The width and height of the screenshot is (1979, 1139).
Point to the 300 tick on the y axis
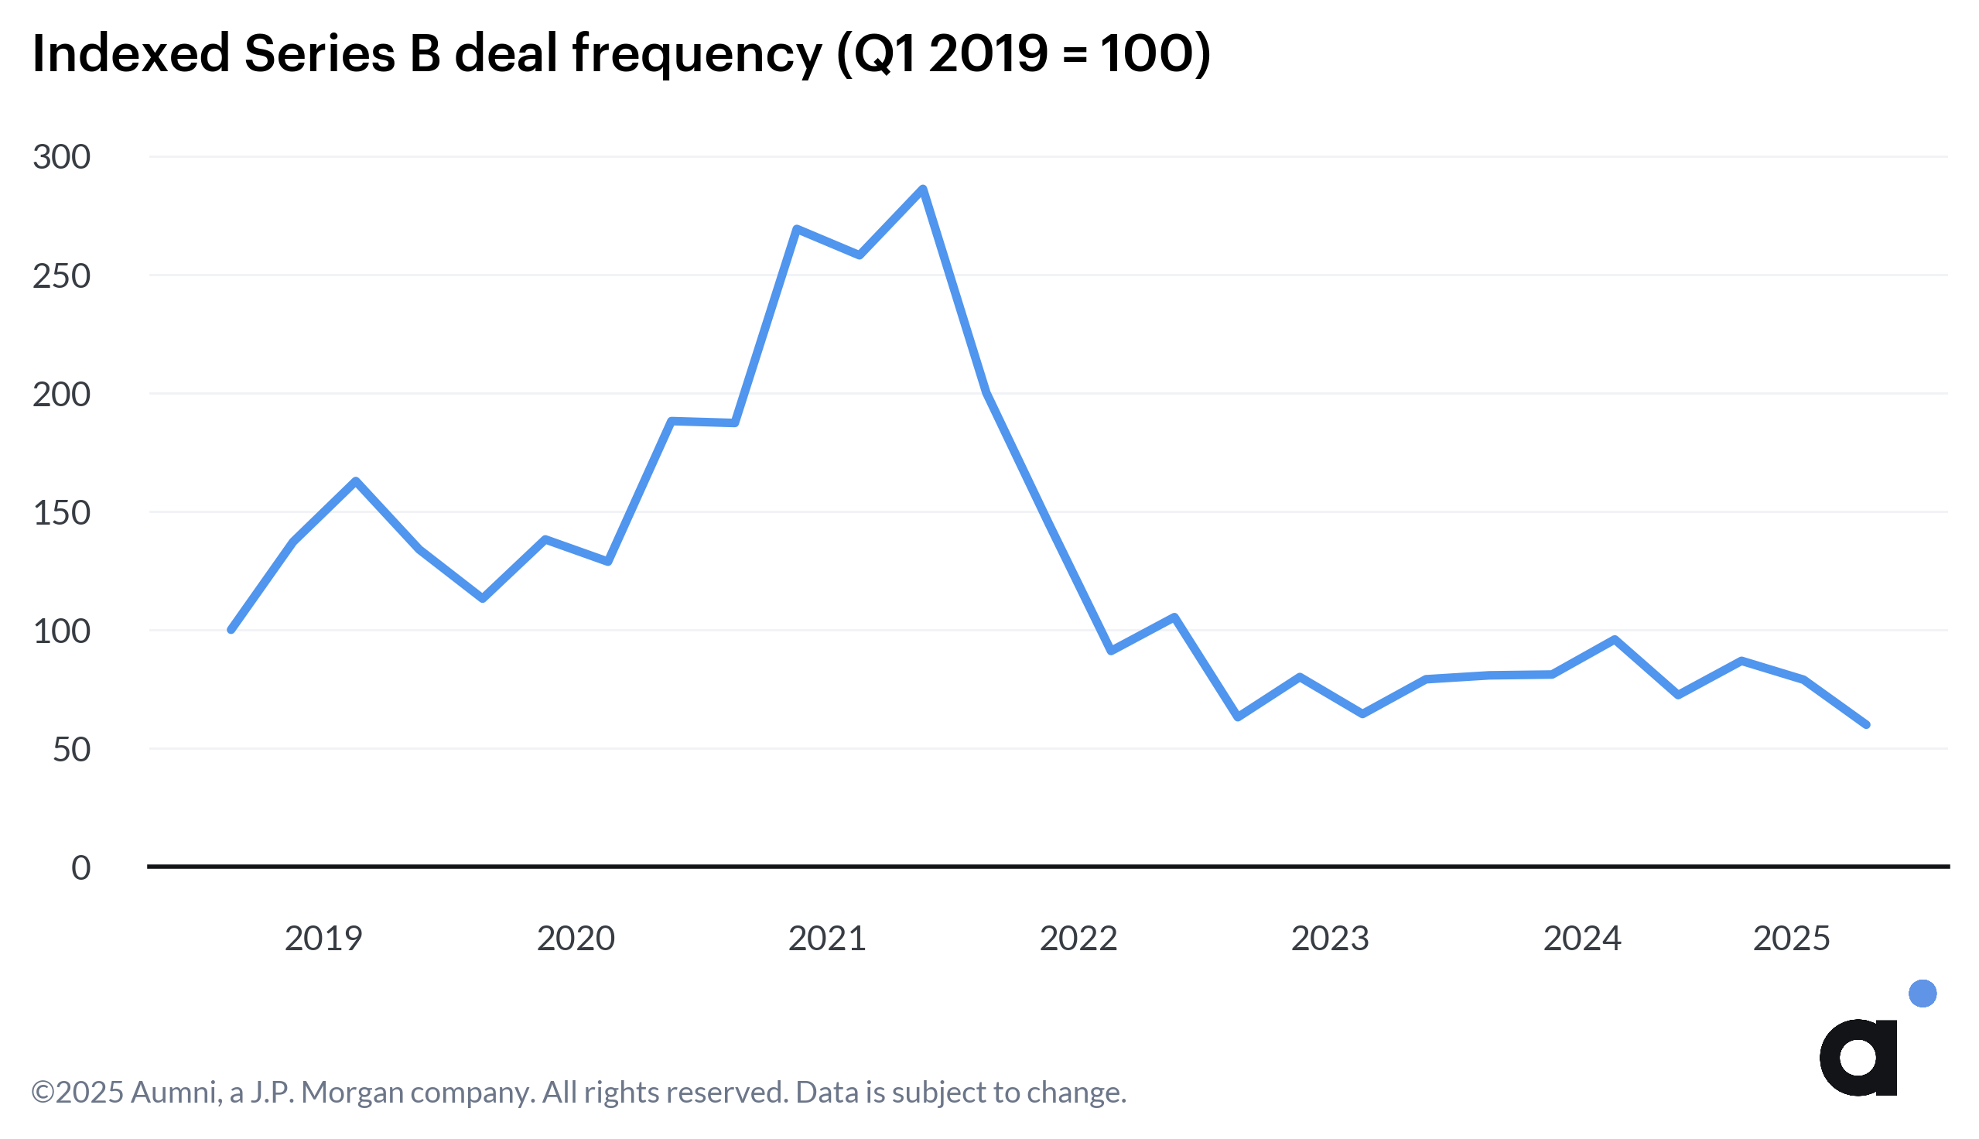pos(61,157)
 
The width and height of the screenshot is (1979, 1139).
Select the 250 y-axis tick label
pos(61,276)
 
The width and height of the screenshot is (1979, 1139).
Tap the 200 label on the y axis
pos(61,395)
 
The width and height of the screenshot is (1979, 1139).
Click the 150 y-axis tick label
pos(61,513)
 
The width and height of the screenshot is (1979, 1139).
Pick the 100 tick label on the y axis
pos(61,631)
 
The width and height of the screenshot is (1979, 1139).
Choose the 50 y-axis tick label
pos(71,751)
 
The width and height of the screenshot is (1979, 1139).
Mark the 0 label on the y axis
pos(80,868)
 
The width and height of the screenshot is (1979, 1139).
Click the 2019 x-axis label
pos(323,939)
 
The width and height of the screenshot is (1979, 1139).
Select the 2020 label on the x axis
pos(576,939)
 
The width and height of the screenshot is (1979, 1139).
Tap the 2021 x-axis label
pos(826,939)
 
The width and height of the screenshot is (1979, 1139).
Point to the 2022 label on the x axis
pos(1078,939)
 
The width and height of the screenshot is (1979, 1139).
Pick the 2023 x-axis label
pos(1329,939)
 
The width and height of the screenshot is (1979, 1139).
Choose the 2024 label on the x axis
pos(1582,939)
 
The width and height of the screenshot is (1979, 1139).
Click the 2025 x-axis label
pos(1791,939)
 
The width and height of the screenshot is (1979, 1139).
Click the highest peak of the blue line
pos(923,189)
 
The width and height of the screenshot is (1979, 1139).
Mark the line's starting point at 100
pos(231,630)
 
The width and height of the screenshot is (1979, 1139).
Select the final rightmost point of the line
pos(1866,725)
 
